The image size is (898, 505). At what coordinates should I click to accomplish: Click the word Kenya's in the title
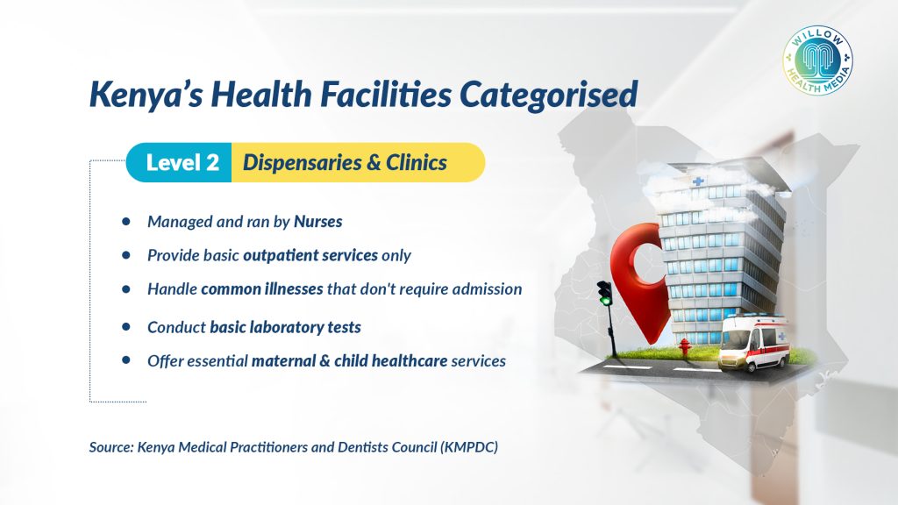(x=146, y=95)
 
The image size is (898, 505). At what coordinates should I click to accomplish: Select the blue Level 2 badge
(x=179, y=162)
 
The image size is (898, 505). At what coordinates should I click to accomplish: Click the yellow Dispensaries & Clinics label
(x=358, y=162)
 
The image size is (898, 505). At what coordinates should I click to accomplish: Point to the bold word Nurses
(x=317, y=222)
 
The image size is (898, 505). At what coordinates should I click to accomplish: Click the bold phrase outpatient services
(x=310, y=255)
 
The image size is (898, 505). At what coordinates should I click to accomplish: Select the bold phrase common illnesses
(x=261, y=288)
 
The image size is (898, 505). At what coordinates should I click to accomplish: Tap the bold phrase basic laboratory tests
(x=285, y=328)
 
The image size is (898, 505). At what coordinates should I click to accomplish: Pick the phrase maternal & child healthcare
(x=349, y=360)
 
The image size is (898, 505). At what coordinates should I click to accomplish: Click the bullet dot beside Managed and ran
(x=126, y=221)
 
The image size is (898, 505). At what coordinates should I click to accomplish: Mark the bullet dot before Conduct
(x=126, y=327)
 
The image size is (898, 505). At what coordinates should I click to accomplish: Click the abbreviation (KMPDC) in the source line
(x=469, y=447)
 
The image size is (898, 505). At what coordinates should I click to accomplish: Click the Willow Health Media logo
(x=817, y=60)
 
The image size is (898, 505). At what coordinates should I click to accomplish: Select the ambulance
(x=755, y=344)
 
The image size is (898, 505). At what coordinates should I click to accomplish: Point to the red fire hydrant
(x=684, y=347)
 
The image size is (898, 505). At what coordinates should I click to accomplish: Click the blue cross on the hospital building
(x=698, y=181)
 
